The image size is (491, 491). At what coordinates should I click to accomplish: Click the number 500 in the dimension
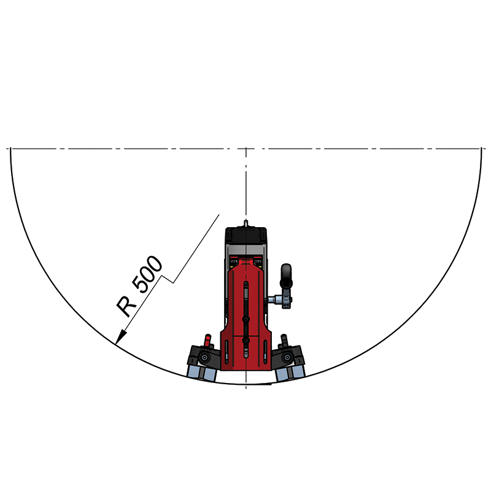(147, 274)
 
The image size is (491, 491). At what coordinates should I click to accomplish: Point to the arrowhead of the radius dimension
(121, 338)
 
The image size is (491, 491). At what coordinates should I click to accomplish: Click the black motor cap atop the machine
(246, 235)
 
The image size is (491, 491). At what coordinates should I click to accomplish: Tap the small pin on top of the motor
(246, 223)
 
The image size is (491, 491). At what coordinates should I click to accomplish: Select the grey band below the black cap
(246, 250)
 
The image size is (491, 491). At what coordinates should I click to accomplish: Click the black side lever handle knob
(286, 276)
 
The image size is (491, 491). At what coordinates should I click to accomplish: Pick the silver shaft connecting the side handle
(274, 300)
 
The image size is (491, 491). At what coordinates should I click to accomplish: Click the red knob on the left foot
(207, 340)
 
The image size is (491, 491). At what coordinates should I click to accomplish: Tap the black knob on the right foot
(284, 340)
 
